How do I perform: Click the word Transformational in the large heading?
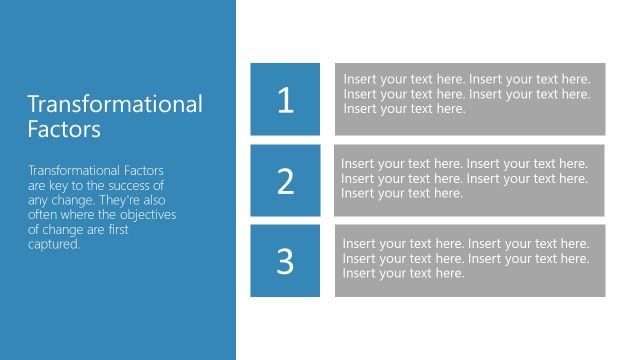click(115, 104)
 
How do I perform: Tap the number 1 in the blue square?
click(286, 100)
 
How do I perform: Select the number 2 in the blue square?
click(286, 181)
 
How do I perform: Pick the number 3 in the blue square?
click(286, 261)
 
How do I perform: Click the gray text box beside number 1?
click(470, 99)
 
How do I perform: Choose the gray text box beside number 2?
click(470, 180)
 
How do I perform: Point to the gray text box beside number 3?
click(470, 261)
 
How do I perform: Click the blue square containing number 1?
click(286, 99)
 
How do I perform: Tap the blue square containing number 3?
click(286, 261)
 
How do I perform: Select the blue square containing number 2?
click(286, 180)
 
